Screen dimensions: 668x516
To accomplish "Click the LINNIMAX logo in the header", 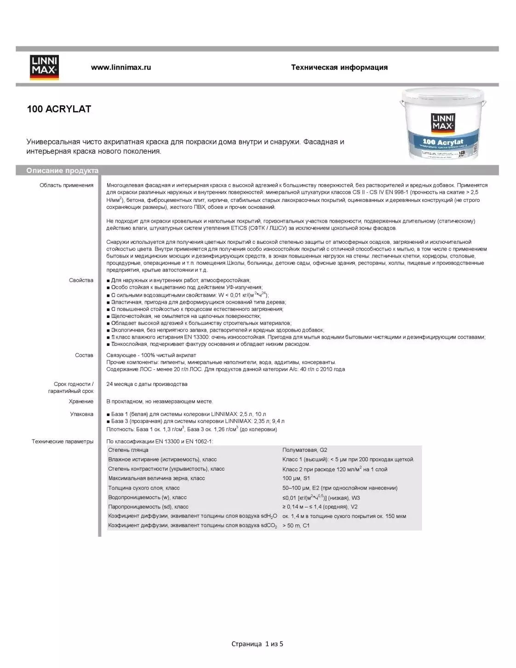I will tap(44, 68).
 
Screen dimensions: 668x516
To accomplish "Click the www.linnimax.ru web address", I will tap(121, 67).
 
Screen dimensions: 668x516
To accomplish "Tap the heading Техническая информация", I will tap(339, 67).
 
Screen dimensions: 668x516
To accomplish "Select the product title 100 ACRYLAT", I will tap(59, 109).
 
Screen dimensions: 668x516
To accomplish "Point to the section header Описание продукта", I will tap(62, 170).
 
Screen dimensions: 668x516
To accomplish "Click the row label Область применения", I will tap(66, 185).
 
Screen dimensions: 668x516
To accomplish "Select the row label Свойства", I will tap(81, 280).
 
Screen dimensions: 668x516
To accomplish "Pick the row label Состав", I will tap(84, 355).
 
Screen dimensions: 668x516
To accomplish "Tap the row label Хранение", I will tap(81, 402).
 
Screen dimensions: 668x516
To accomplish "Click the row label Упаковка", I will tap(81, 414).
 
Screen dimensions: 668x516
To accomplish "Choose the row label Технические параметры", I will tap(63, 442).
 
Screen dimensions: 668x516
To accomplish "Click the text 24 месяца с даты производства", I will tap(147, 384).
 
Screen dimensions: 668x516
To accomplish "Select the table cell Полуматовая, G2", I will tap(305, 450).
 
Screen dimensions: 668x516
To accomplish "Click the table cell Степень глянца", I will tap(128, 450).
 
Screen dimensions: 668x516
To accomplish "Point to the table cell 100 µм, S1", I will tap(296, 478).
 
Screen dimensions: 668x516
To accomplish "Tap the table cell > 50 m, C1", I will tap(296, 525).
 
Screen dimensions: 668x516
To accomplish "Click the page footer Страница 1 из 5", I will tap(257, 644).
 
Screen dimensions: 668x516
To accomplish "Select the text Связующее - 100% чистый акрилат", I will tap(151, 355).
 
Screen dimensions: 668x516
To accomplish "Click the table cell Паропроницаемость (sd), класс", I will tap(148, 507).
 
